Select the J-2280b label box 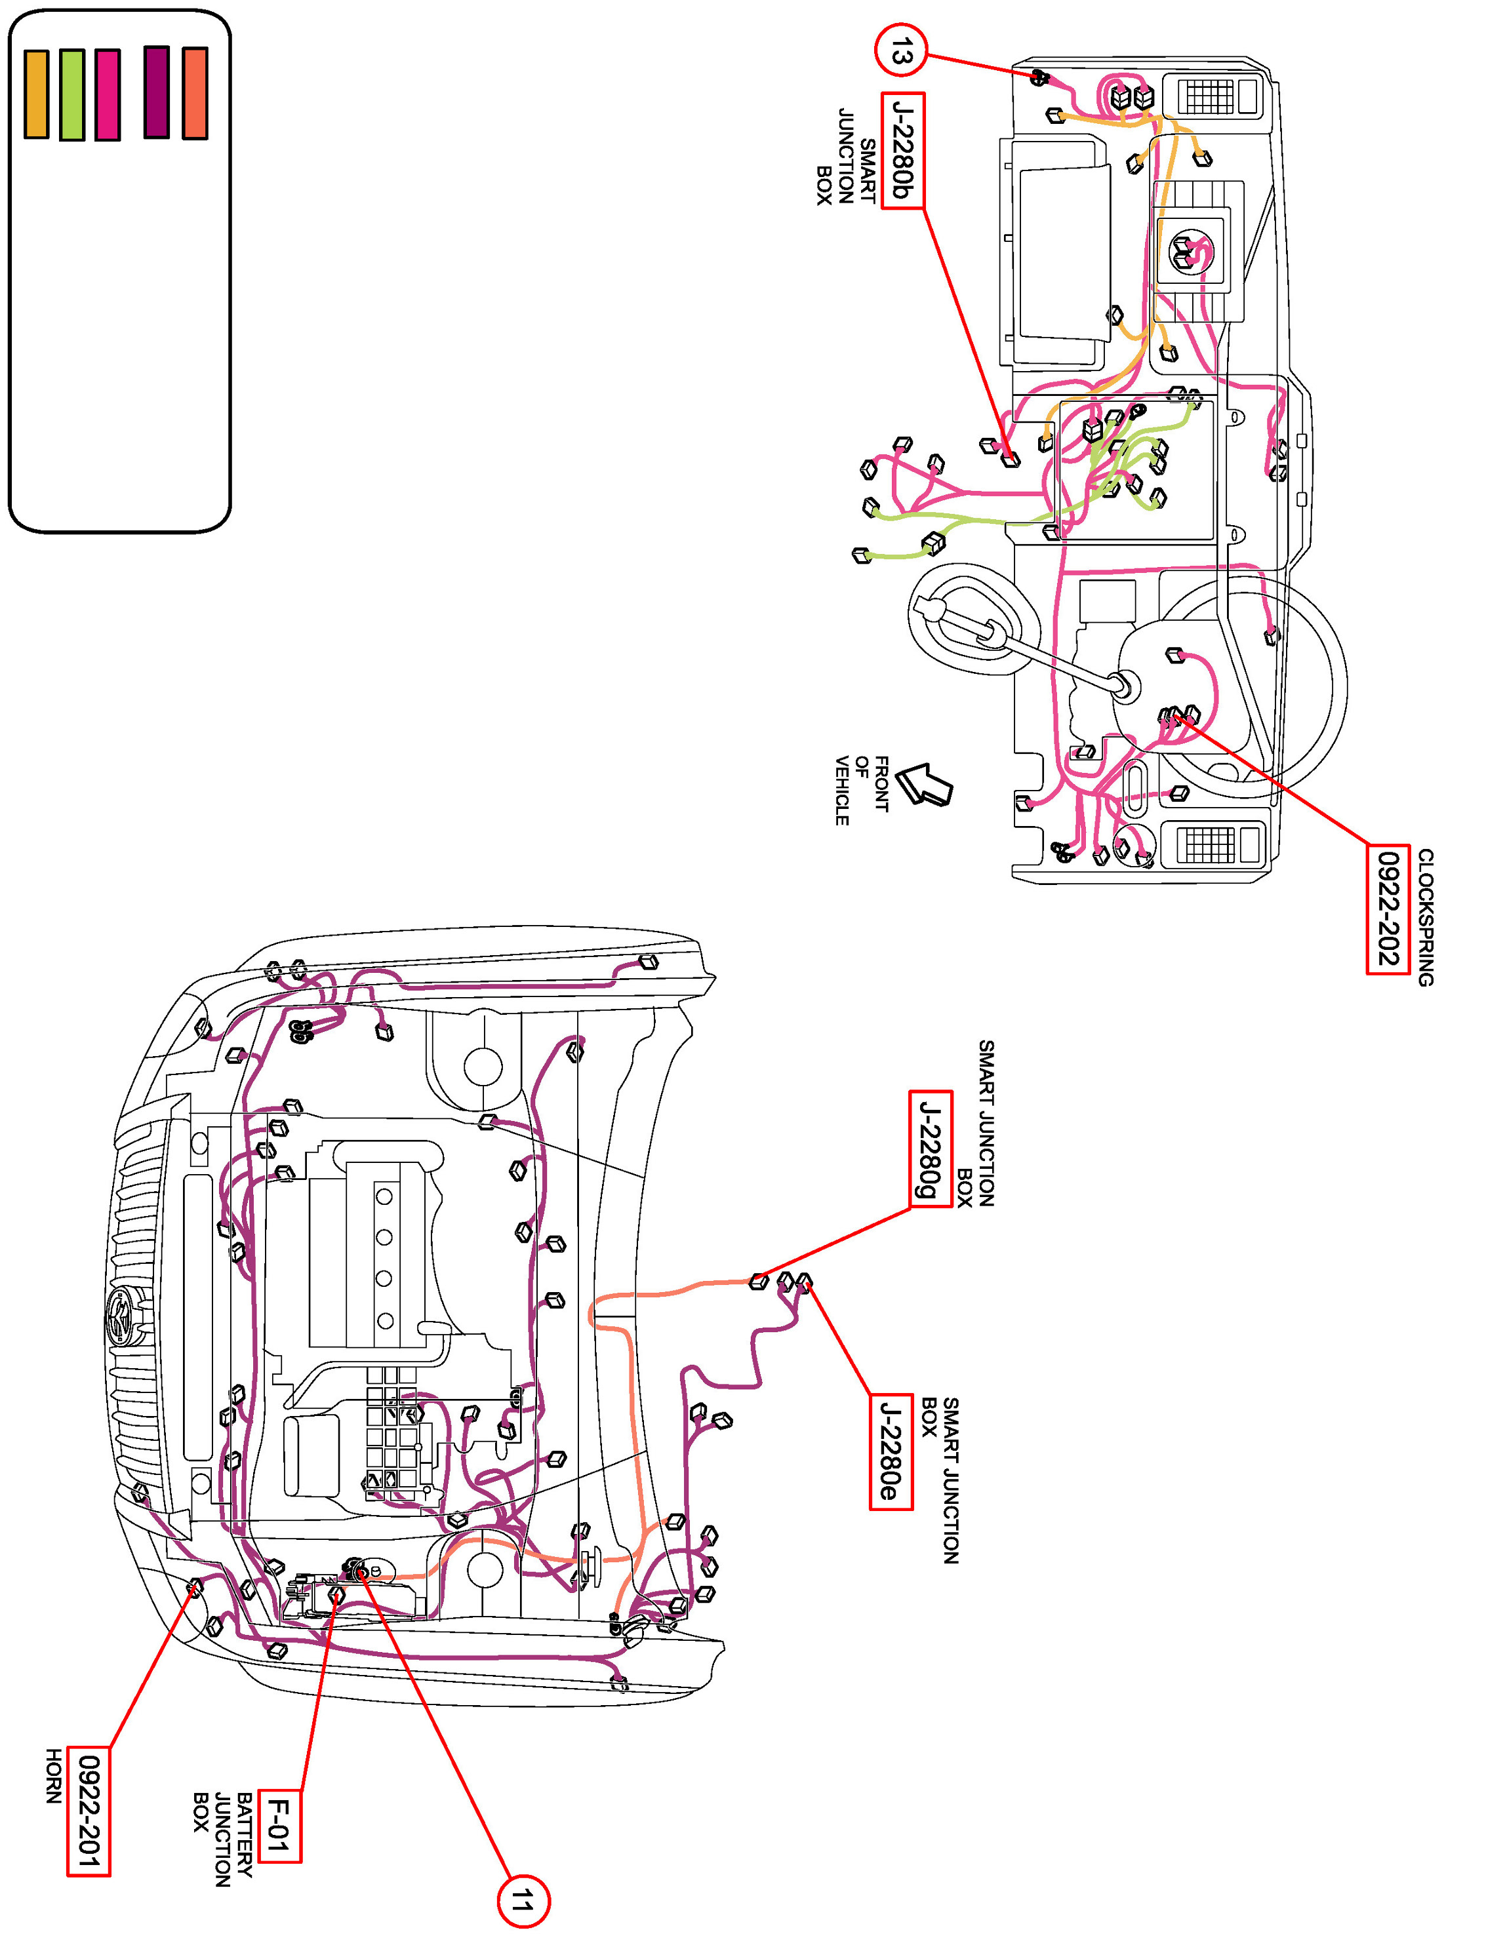[902, 151]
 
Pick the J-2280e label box [891, 1451]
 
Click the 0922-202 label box [1388, 909]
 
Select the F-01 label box [279, 1825]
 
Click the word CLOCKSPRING [1426, 917]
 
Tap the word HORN [54, 1776]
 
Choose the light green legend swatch [72, 94]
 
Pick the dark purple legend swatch [157, 92]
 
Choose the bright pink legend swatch [108, 94]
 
